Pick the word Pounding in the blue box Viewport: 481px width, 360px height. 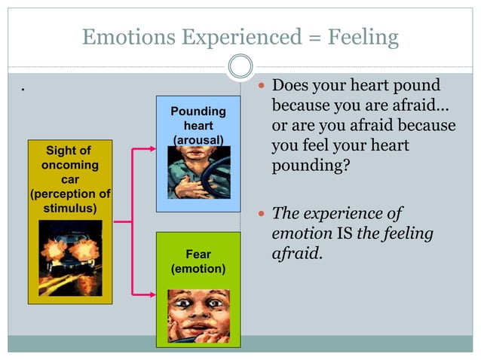(x=198, y=111)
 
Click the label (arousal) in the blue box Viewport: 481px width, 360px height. (x=198, y=140)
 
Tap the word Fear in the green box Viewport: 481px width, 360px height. (x=198, y=255)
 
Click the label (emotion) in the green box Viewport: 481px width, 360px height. (x=198, y=268)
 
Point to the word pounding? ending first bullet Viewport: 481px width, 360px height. (x=311, y=163)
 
